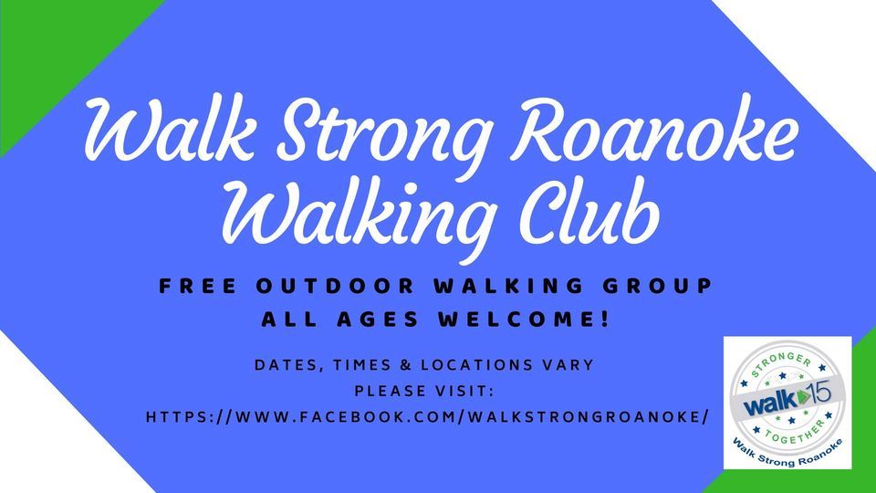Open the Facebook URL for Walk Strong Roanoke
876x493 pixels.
pos(428,416)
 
